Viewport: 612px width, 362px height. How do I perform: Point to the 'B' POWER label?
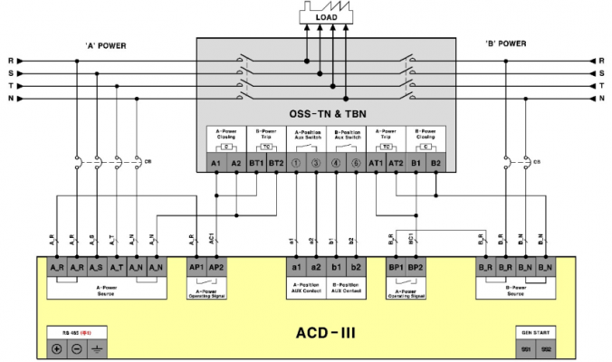click(505, 43)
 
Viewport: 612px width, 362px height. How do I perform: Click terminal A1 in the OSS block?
click(215, 163)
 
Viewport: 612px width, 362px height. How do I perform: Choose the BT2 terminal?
click(277, 163)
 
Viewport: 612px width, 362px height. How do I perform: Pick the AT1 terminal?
click(376, 163)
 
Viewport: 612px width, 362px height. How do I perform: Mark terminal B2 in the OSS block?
click(436, 163)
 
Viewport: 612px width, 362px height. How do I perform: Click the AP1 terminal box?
click(196, 269)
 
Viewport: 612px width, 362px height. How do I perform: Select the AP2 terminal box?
click(215, 269)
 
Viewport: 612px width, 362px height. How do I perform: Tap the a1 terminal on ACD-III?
click(296, 269)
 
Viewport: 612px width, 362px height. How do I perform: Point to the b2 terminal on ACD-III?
click(356, 269)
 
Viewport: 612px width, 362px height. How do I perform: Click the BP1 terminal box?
click(396, 269)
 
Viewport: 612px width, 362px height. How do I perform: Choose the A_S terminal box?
click(96, 269)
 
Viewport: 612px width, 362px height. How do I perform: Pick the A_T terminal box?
click(116, 269)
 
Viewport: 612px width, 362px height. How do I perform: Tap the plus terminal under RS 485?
click(56, 348)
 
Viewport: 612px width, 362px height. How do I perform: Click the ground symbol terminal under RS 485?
click(96, 348)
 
